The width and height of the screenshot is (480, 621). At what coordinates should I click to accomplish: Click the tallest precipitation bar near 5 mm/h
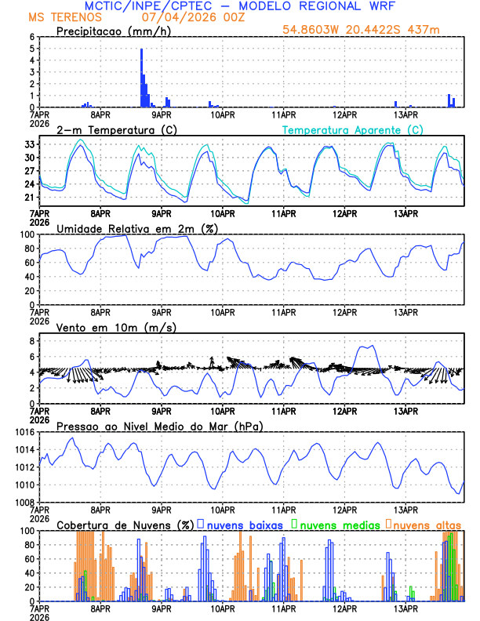click(x=141, y=78)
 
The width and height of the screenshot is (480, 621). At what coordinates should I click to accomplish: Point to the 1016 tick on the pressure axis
click(x=26, y=432)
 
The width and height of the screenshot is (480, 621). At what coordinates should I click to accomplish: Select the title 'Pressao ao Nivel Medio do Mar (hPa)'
click(x=159, y=426)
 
